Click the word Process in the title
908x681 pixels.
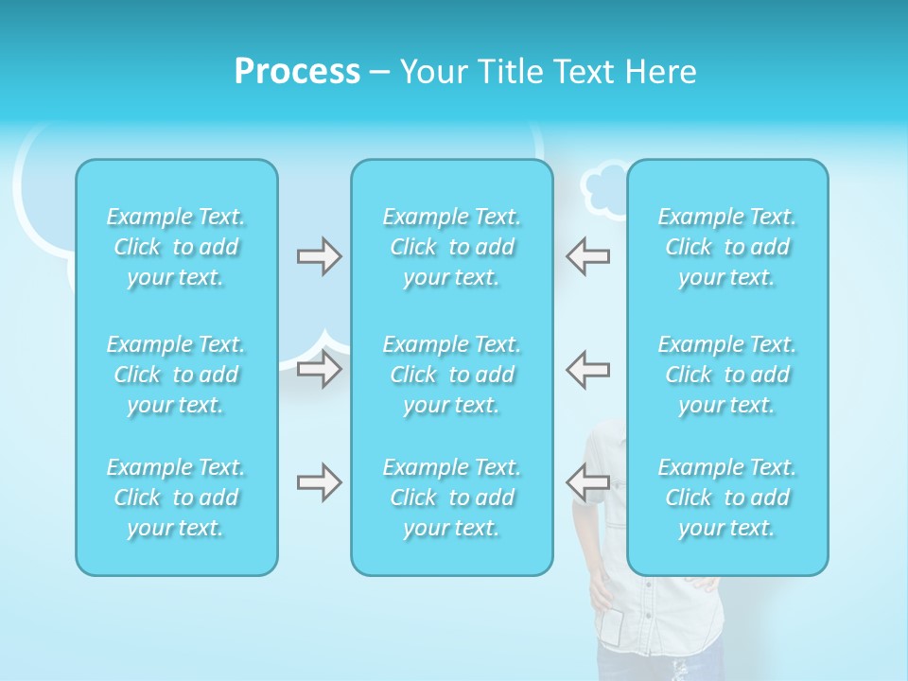click(x=297, y=72)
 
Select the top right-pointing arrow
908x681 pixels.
click(x=319, y=256)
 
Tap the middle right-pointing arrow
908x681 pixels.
click(x=319, y=368)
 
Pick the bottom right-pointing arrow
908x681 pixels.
click(x=319, y=482)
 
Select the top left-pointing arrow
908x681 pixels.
click(x=587, y=256)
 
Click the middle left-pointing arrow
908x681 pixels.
click(x=587, y=368)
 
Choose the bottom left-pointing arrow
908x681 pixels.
click(x=587, y=482)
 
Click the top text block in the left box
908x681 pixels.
click(x=176, y=247)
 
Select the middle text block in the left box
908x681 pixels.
click(x=176, y=375)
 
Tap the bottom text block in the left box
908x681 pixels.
click(x=176, y=498)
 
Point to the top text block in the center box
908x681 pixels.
click(x=452, y=247)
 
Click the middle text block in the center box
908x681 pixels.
click(x=452, y=375)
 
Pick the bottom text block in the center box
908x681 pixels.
click(x=452, y=498)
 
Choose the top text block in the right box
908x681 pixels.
click(x=727, y=247)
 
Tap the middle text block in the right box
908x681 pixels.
click(x=727, y=375)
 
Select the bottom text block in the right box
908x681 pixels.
click(x=727, y=498)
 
